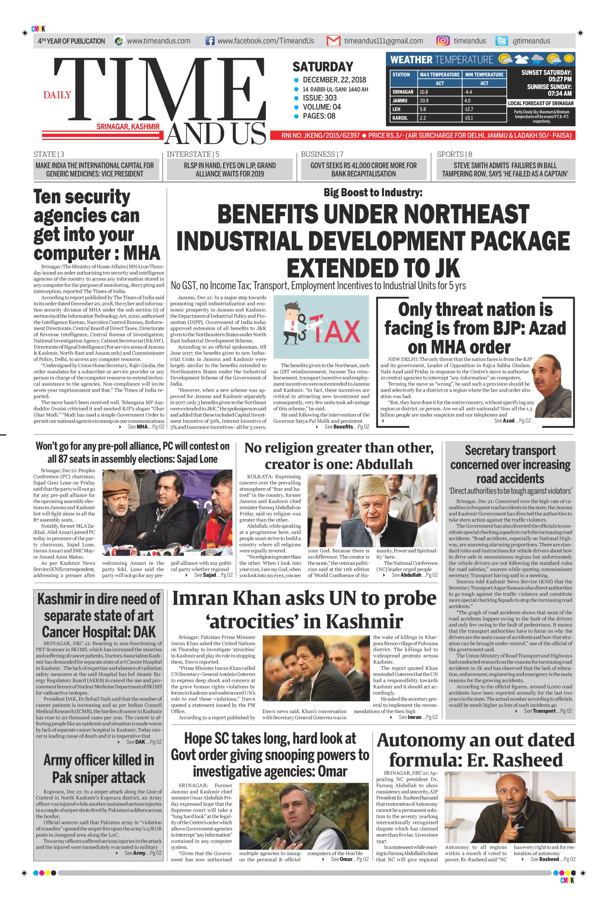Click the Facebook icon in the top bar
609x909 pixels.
click(x=210, y=41)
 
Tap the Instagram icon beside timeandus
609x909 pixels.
click(x=443, y=41)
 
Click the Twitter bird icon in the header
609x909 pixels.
click(x=502, y=41)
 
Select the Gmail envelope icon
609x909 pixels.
click(x=333, y=41)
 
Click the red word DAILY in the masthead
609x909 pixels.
click(x=57, y=95)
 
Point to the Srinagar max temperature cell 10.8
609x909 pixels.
click(x=424, y=92)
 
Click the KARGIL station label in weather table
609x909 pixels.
click(x=400, y=118)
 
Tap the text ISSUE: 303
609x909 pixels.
click(x=320, y=98)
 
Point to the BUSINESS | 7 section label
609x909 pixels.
click(x=322, y=154)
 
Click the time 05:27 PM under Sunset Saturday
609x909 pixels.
click(x=560, y=79)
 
